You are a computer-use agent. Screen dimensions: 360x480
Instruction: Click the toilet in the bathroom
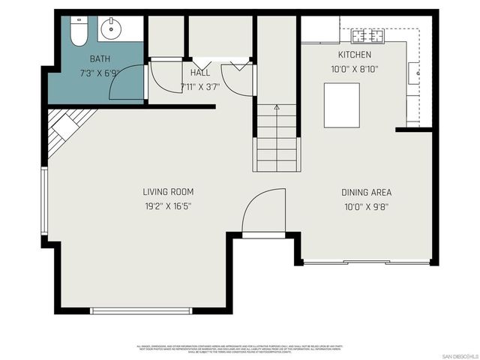(x=77, y=31)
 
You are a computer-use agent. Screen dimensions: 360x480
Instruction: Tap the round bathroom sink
(x=110, y=29)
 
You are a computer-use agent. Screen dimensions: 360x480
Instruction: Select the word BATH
(x=100, y=58)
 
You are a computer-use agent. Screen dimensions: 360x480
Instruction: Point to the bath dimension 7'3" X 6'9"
(x=100, y=72)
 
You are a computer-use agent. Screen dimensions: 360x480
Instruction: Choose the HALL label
(x=200, y=73)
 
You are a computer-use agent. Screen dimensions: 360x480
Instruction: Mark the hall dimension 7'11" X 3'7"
(x=200, y=86)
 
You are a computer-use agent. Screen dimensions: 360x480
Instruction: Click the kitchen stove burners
(x=368, y=35)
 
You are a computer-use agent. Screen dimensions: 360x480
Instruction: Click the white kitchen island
(x=341, y=105)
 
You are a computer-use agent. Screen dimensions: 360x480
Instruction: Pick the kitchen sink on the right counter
(x=413, y=73)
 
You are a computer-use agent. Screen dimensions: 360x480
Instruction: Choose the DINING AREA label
(x=366, y=192)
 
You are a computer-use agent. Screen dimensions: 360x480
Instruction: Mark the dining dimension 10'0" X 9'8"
(x=366, y=205)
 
